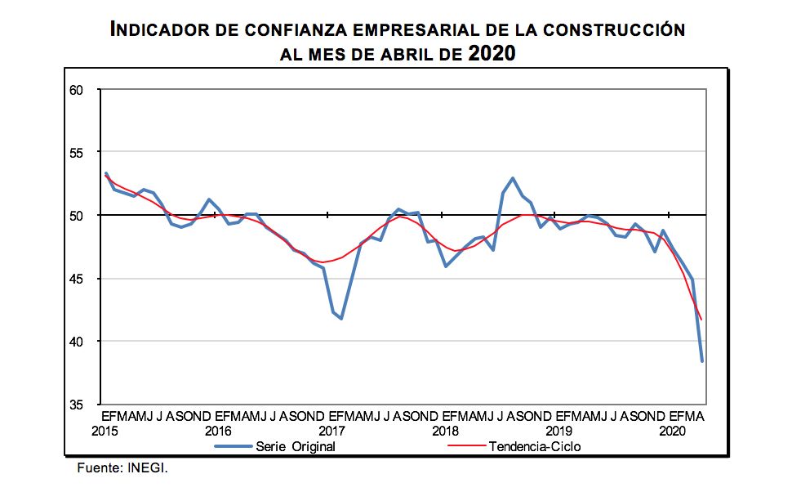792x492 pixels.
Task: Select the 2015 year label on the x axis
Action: pyautogui.click(x=105, y=430)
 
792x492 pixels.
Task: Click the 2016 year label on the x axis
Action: pyautogui.click(x=219, y=430)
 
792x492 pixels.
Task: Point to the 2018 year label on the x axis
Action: pyautogui.click(x=445, y=430)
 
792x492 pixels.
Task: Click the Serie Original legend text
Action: pyautogui.click(x=296, y=446)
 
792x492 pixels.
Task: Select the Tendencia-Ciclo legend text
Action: pyautogui.click(x=535, y=446)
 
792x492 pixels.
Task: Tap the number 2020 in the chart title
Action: pyautogui.click(x=492, y=54)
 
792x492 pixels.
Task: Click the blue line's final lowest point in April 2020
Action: pyautogui.click(x=702, y=360)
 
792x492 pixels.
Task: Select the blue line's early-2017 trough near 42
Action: pyautogui.click(x=341, y=319)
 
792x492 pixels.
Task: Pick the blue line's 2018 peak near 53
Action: pyautogui.click(x=513, y=178)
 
